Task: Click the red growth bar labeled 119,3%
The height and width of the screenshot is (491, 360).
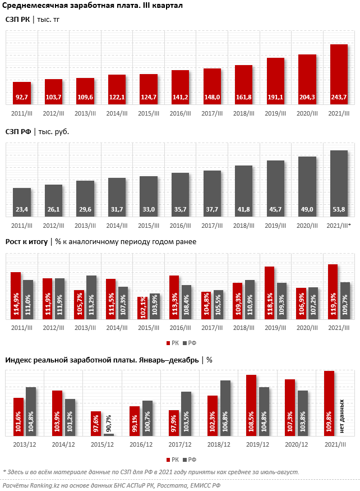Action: coord(333,292)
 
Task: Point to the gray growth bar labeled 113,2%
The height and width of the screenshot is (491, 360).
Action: coord(91,297)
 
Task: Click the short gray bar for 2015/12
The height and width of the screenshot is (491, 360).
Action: coord(108,434)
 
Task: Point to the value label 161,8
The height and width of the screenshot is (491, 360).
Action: coord(243,98)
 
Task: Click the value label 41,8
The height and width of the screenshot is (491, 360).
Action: coord(243,210)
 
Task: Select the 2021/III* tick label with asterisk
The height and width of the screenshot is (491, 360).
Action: coord(339,225)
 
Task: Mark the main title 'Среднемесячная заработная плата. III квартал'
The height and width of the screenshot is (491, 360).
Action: coord(93,6)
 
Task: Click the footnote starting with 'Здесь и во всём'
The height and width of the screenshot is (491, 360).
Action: coord(151,472)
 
